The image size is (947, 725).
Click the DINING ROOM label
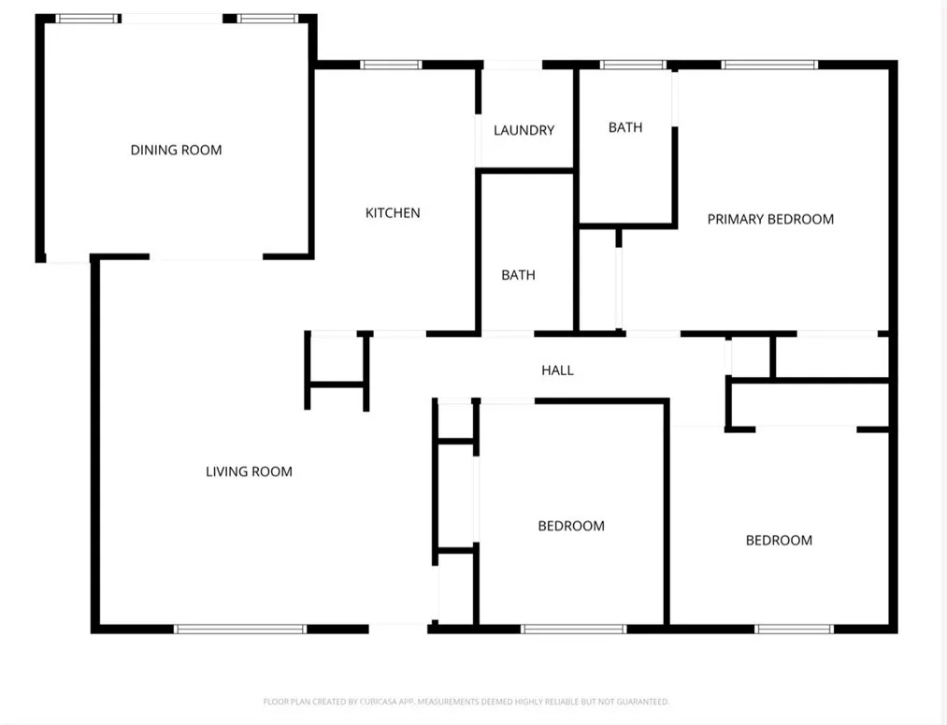[176, 150]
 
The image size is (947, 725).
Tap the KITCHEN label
[393, 213]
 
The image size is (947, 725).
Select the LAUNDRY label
[524, 131]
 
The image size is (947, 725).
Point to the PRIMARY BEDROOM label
[770, 219]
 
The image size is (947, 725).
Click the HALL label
[557, 370]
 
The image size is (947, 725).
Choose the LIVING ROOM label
[249, 471]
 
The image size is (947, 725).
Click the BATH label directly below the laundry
[518, 275]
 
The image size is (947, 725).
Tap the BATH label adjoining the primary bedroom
[625, 127]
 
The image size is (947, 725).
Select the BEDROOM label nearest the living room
[570, 526]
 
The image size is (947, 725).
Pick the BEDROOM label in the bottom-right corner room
[779, 540]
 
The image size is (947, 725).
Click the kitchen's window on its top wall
[392, 65]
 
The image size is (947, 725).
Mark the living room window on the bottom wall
[241, 629]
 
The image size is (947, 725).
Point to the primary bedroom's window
[770, 65]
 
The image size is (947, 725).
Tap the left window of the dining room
[88, 18]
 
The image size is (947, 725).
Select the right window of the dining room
[266, 18]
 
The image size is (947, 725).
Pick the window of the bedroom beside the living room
[572, 629]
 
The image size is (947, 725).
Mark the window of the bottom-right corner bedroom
[794, 629]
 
